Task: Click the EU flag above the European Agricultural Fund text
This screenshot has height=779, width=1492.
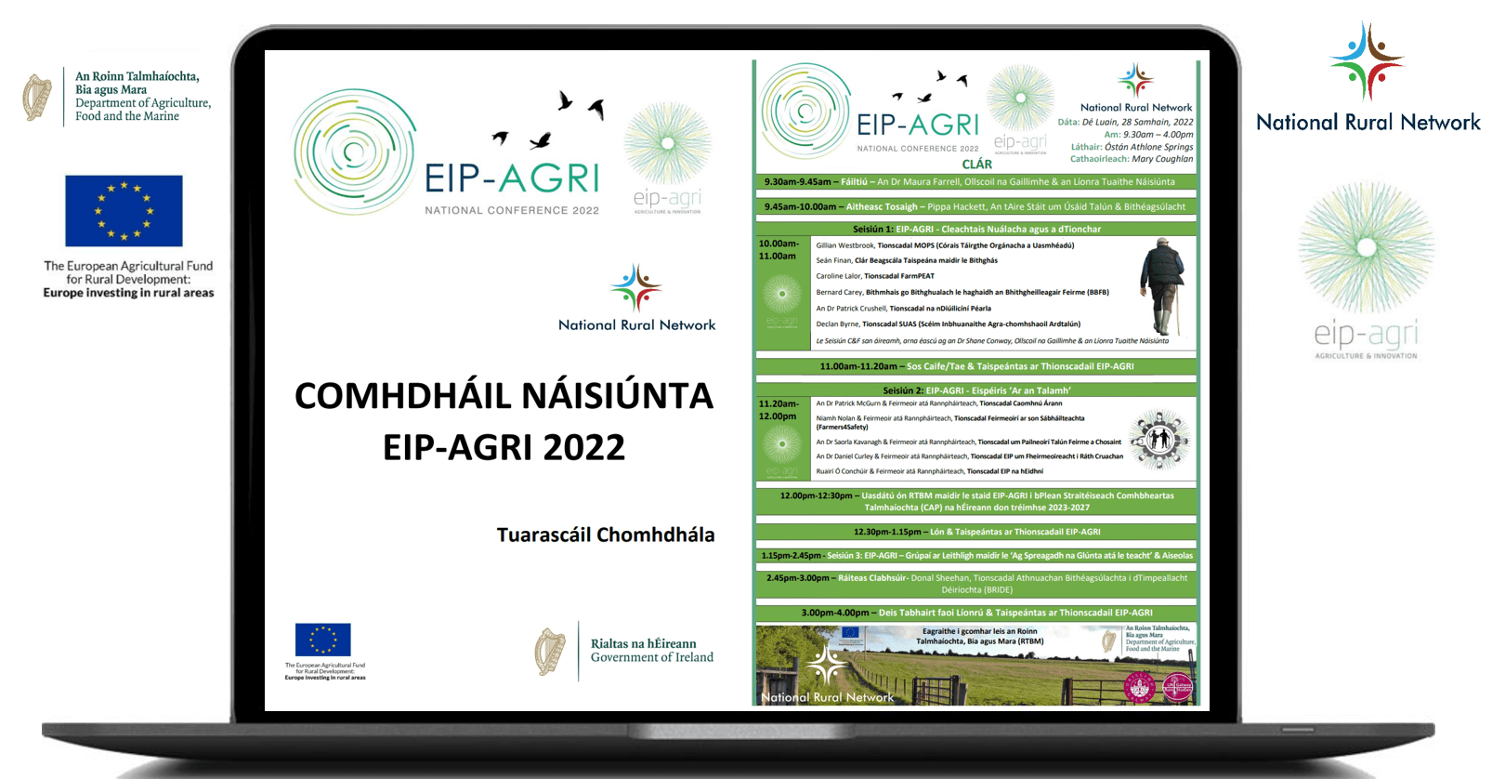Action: [x=124, y=211]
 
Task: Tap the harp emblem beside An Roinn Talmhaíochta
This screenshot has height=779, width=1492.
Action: [x=37, y=98]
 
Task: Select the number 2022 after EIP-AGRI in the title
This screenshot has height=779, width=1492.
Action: [x=583, y=448]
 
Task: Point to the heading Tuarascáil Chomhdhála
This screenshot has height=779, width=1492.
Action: [x=606, y=535]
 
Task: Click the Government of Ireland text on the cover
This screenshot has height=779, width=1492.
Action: [x=652, y=657]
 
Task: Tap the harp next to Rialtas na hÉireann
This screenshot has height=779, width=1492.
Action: [x=550, y=652]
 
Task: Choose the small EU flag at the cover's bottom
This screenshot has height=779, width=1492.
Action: [x=322, y=640]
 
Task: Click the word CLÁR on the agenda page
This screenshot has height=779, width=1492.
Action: [x=976, y=165]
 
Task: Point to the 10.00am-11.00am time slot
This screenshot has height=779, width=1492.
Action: [x=778, y=249]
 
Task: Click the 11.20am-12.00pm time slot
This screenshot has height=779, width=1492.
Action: [x=778, y=410]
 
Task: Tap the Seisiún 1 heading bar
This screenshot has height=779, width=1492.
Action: [x=976, y=229]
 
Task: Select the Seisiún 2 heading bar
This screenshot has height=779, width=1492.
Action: [x=976, y=390]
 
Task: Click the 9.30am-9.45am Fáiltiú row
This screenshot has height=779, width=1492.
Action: [x=976, y=182]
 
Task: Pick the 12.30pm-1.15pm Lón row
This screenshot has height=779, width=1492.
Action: [x=976, y=532]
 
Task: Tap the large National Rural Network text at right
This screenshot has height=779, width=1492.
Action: [x=1368, y=123]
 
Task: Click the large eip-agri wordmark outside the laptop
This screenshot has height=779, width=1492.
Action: [x=1366, y=334]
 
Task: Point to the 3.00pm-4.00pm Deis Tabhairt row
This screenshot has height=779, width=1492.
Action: [x=976, y=613]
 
